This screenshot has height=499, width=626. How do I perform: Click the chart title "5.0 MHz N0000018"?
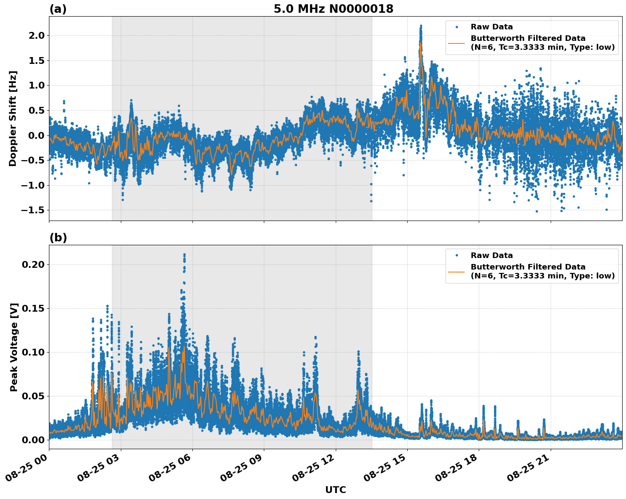point(333,9)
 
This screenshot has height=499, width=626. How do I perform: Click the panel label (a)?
point(58,9)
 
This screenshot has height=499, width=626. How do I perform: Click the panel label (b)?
point(58,238)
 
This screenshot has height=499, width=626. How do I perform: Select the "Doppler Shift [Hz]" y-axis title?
point(13,118)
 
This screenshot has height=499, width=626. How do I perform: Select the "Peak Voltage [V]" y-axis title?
point(14,347)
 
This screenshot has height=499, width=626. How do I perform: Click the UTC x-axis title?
point(335,490)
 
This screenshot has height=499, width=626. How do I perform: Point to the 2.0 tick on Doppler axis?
point(35,35)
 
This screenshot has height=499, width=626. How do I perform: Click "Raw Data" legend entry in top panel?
point(492,27)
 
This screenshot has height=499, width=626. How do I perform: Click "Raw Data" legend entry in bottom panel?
point(492,255)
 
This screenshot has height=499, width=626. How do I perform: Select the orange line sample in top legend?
point(457,43)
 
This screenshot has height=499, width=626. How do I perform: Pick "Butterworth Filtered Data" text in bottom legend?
point(528,267)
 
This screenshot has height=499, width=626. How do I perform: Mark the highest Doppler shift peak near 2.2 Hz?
point(420,26)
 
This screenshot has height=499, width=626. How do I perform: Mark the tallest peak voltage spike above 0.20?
point(184,255)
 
